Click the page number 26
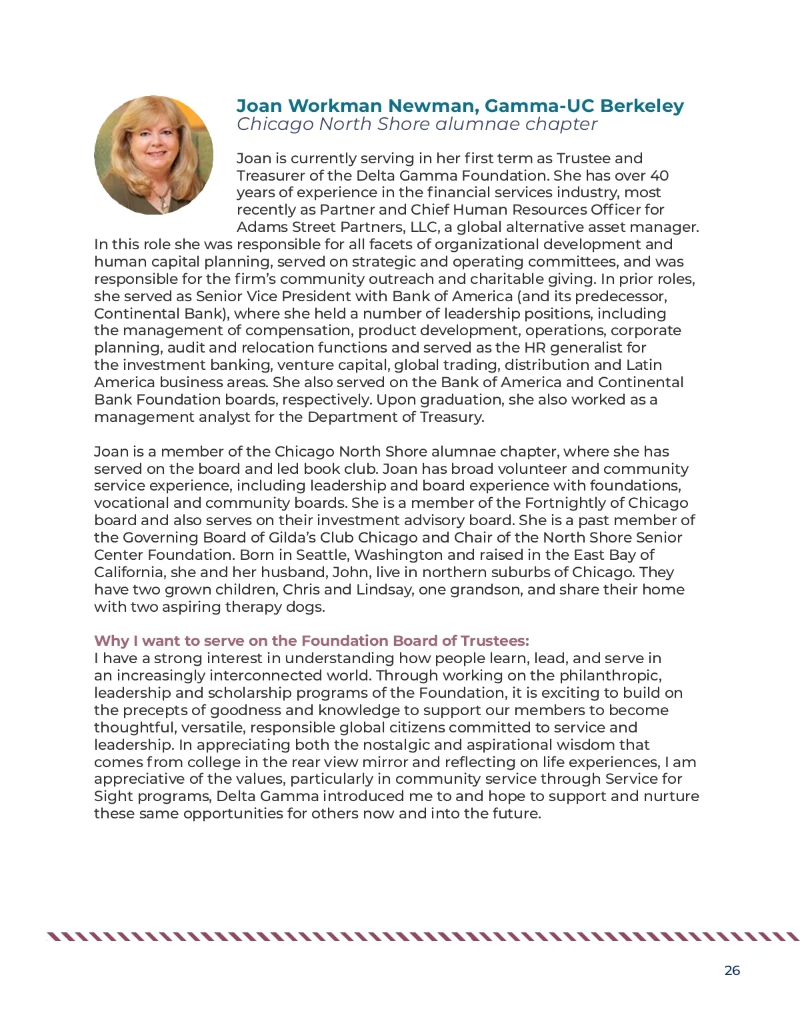tap(732, 970)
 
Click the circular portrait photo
tap(154, 155)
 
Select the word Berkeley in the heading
tap(642, 106)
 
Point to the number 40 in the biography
tap(659, 175)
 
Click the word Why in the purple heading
tap(111, 640)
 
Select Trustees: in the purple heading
tap(494, 640)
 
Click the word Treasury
tap(451, 417)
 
